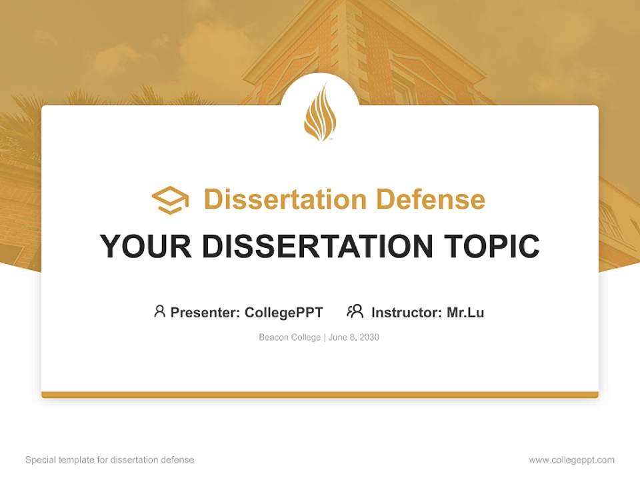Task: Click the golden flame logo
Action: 320,112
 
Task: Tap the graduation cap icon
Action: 170,199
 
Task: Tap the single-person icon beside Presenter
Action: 159,311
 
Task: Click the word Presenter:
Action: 205,312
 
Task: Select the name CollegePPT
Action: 284,312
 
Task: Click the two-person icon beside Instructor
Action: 355,311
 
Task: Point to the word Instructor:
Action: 406,312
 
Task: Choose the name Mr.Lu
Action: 465,312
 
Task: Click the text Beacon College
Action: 290,337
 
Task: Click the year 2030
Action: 368,337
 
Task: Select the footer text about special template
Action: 110,460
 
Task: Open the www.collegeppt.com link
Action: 571,460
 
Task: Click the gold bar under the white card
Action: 320,395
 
